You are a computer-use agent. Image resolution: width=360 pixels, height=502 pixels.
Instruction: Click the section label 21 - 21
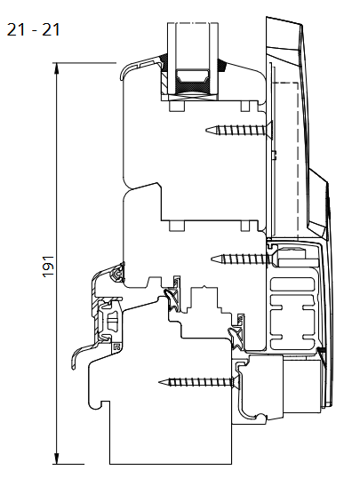point(33,30)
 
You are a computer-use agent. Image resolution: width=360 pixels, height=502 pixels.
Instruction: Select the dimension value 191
point(48,267)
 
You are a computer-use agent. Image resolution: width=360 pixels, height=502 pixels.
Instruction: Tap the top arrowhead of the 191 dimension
point(57,68)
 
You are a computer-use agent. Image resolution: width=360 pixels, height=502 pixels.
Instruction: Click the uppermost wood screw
point(238,130)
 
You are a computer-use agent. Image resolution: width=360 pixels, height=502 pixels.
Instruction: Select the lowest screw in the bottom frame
point(198,381)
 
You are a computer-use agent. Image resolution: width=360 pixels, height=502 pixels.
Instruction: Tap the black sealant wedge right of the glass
point(222,65)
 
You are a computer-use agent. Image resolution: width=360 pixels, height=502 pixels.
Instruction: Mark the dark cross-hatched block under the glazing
point(193,87)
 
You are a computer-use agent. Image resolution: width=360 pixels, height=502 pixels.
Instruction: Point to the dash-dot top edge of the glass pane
point(193,23)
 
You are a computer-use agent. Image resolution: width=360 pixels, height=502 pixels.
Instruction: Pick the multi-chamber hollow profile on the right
point(292,313)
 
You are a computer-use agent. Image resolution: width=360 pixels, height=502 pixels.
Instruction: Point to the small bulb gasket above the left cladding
point(116,274)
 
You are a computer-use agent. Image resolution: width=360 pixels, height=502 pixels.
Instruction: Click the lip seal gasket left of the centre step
point(171,299)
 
